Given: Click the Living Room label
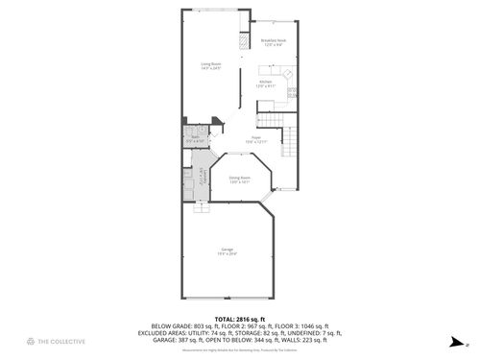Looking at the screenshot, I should [211, 66].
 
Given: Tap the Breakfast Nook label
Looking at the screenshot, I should [274, 42].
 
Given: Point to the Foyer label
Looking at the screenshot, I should [256, 139].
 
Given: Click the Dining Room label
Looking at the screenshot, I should [240, 180].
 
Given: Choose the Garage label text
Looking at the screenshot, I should [228, 252].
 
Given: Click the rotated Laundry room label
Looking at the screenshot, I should [202, 179].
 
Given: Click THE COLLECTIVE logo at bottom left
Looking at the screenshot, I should [34, 342].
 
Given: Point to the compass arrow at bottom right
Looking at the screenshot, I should [451, 340].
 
